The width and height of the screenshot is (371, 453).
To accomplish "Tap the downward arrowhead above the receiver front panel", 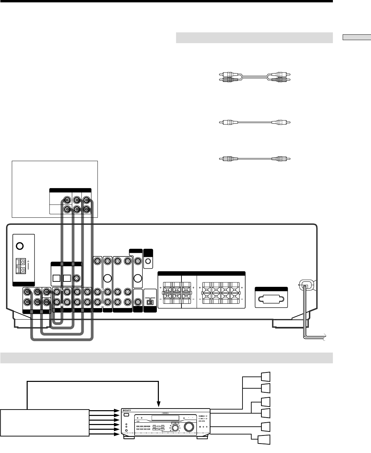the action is tap(158, 404).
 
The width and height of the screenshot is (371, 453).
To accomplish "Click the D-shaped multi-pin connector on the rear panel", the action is tap(271, 300).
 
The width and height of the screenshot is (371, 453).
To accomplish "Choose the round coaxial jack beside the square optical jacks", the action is tap(77, 278).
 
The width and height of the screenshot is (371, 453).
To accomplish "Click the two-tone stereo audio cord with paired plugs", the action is tap(255, 77).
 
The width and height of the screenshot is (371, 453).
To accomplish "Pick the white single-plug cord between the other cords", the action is tap(255, 122).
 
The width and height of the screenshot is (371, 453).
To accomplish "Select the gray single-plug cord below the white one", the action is tap(255, 158).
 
